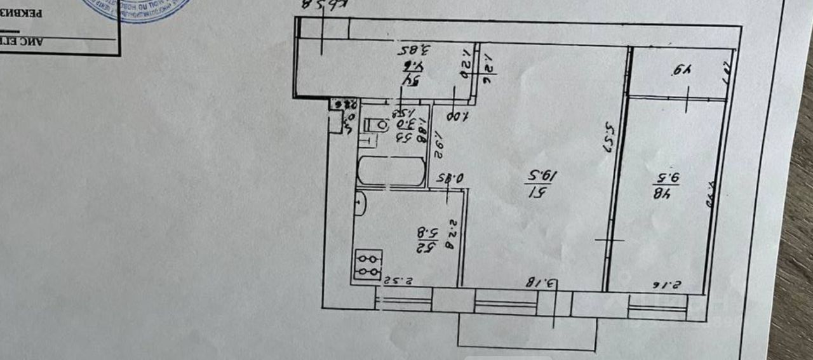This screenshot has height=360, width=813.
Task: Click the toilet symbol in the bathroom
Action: (377, 125)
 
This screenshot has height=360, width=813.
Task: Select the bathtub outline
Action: (391, 171)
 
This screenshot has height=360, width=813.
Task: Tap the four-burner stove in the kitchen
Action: (368, 265)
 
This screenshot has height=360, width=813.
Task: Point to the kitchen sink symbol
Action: (359, 203)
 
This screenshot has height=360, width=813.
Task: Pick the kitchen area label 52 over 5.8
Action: (426, 236)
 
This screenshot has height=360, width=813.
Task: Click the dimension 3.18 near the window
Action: (544, 282)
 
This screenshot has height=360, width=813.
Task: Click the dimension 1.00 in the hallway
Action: (457, 116)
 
